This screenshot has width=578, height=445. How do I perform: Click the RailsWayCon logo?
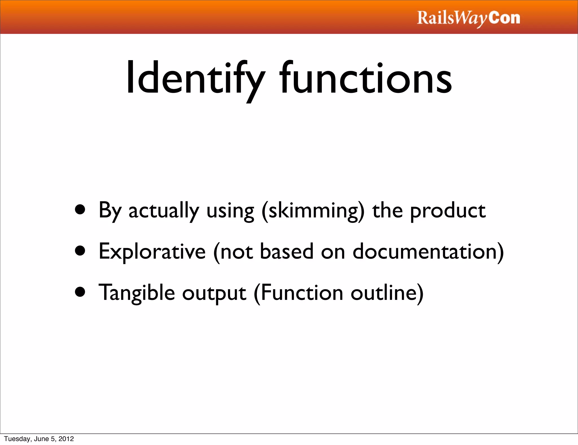[x=468, y=18]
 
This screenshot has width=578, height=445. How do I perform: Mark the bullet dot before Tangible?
[x=80, y=292]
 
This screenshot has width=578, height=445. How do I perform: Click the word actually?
[x=164, y=210]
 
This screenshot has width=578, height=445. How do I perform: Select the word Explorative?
[x=152, y=251]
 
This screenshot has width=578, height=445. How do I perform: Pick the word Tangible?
[x=137, y=293]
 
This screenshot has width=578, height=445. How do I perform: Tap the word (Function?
[x=298, y=293]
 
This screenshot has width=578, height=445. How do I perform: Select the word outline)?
[x=387, y=293]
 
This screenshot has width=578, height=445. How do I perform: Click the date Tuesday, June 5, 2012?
[x=39, y=439]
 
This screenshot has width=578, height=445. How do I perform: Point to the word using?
[x=230, y=211]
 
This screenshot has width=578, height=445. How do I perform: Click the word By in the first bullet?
[x=110, y=210]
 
